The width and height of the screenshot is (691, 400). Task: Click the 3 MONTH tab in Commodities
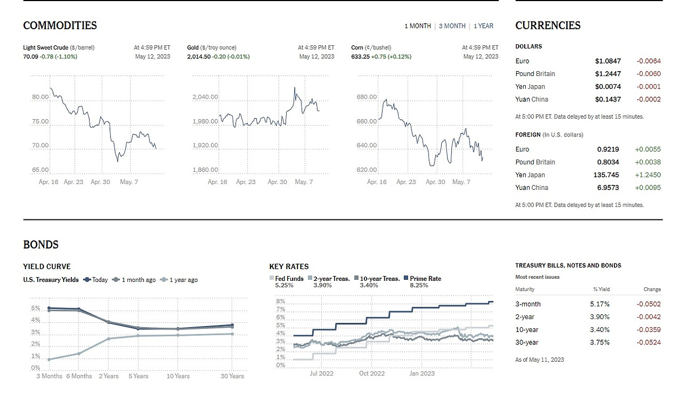452,26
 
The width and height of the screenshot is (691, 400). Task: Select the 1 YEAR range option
483,26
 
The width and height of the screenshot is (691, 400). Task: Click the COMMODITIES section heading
60,25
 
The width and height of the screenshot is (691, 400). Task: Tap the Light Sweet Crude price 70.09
30,57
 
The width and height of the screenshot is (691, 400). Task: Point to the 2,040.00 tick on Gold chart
205,97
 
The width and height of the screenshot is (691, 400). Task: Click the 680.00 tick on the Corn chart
367,97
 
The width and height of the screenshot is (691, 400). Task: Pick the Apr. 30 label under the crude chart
100,182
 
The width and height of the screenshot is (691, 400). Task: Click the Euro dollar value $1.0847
608,61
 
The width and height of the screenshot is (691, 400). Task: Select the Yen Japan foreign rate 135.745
606,175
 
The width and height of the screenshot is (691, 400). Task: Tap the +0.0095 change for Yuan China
648,188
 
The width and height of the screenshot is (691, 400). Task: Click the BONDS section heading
41,245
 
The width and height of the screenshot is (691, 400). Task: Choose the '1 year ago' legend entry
183,280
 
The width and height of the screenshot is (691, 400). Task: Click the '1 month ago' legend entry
138,280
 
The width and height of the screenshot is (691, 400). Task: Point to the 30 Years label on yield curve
232,376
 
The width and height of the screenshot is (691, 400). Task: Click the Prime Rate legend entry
425,279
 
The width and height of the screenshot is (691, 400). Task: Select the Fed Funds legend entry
289,279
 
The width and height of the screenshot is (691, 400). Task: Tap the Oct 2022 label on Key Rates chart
372,373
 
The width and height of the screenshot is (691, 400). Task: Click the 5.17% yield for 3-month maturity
600,304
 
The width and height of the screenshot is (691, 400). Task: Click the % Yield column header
601,289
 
